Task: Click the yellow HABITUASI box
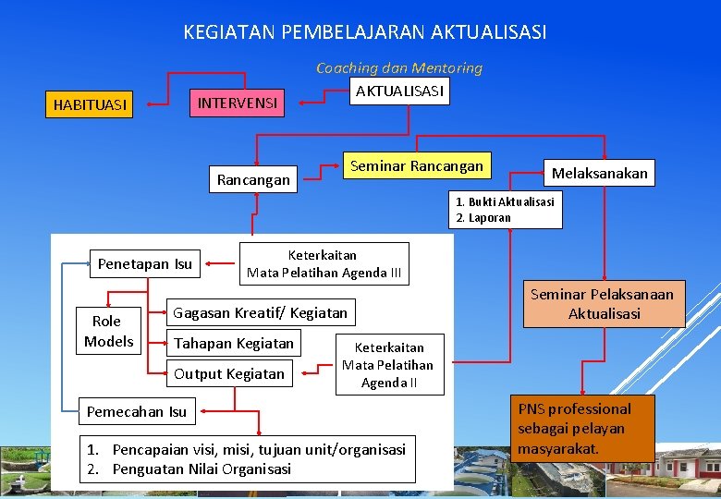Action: [x=90, y=104]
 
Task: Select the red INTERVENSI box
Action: [x=238, y=103]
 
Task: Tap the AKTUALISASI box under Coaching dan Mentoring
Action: [x=399, y=91]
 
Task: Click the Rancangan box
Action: [x=253, y=179]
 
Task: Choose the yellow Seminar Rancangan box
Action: [x=417, y=166]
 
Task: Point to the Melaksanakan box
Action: [x=600, y=173]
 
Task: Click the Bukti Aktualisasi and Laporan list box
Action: [x=506, y=210]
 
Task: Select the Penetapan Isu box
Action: [x=145, y=264]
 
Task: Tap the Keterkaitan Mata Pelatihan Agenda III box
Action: [x=324, y=263]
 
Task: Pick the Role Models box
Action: [x=108, y=331]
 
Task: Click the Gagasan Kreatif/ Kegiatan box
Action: [x=261, y=312]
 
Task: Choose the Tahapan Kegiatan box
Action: [x=234, y=343]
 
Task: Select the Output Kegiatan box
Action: [x=229, y=373]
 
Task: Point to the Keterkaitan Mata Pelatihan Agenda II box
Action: [x=388, y=364]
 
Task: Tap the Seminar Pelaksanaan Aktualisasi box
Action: [x=604, y=303]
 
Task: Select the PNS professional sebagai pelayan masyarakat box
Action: [x=583, y=429]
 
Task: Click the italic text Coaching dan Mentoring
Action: [x=399, y=67]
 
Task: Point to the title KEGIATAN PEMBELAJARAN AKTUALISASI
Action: [x=365, y=32]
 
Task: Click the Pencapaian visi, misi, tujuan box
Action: [x=247, y=459]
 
